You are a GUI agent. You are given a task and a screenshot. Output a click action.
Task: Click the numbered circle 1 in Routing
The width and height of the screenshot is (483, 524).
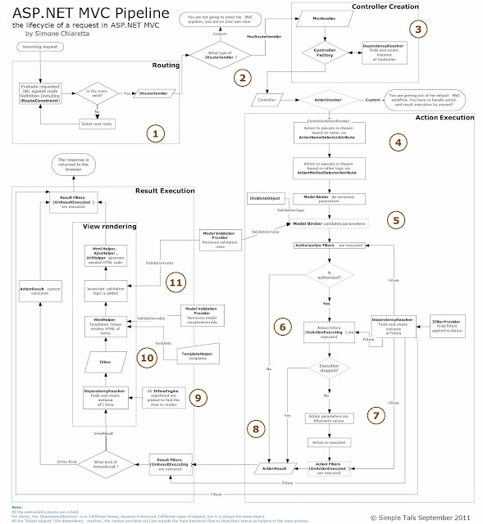[x=152, y=131]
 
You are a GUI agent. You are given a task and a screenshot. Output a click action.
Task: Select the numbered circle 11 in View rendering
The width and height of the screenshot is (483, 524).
[x=174, y=281]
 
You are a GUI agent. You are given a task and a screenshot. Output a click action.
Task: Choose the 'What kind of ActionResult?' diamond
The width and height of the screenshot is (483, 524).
[x=105, y=463]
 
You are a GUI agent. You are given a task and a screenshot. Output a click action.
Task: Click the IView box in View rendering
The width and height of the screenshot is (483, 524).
[x=103, y=361]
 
